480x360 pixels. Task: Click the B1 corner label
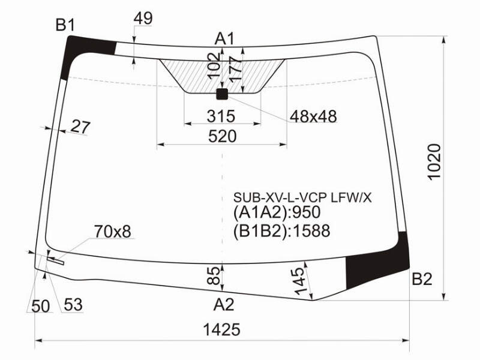click(65, 25)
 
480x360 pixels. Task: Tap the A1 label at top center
click(225, 39)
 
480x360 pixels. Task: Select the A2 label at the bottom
click(224, 305)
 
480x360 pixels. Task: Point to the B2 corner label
click(422, 279)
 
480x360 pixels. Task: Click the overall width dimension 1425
click(221, 329)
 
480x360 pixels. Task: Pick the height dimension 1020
click(434, 162)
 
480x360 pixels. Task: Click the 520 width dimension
click(223, 136)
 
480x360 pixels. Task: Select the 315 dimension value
click(221, 116)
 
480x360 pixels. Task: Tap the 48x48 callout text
click(313, 116)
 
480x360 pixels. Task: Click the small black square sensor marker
click(222, 94)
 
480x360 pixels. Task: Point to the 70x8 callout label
click(113, 232)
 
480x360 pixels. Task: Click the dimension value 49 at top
click(143, 19)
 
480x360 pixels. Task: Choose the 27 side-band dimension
click(81, 127)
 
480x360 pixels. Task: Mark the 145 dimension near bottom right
click(300, 281)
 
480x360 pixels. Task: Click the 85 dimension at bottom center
click(214, 275)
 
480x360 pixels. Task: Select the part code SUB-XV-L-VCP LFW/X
click(302, 198)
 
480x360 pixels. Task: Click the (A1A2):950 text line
click(277, 212)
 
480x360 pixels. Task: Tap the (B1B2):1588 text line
click(281, 231)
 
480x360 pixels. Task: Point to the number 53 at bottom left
click(73, 305)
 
